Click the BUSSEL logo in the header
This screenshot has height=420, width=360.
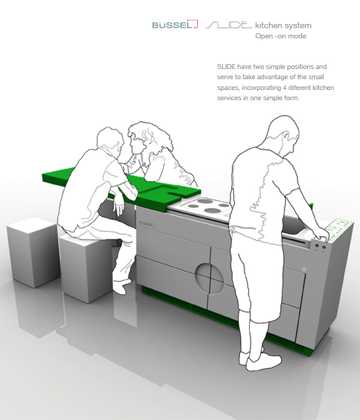pos(175,25)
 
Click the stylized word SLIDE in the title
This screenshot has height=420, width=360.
pos(229,25)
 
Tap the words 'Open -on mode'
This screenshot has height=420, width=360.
pos(281,36)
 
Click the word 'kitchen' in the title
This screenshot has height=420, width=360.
pos(268,25)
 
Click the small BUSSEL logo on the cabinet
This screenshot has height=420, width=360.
pos(147,224)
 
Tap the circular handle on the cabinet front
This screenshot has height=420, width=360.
pos(209,277)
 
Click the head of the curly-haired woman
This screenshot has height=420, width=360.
pos(142,138)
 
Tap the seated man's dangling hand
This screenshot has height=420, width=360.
pos(119,208)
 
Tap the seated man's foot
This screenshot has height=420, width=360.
pos(121,286)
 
